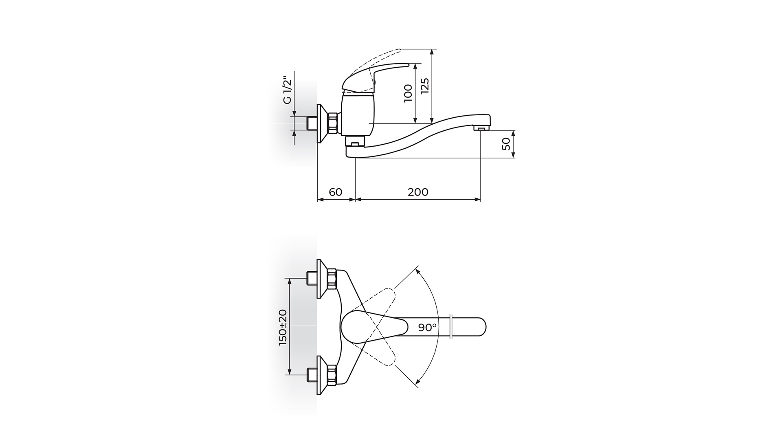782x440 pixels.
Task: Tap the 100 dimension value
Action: [x=408, y=93]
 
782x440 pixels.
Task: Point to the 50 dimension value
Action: [x=506, y=144]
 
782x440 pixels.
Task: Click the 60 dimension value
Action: [x=336, y=191]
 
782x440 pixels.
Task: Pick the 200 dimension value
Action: [x=418, y=191]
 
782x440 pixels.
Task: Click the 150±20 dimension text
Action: [x=283, y=328]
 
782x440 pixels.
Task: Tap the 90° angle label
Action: [x=427, y=327]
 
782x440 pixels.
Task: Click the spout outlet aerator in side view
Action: [x=481, y=129]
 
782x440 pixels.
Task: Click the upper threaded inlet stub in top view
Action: [x=312, y=279]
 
